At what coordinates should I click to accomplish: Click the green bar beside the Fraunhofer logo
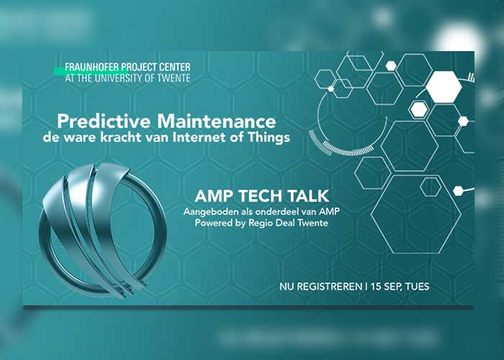tap(59, 71)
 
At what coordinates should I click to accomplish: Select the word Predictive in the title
tap(104, 122)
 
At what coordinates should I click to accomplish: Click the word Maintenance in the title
tap(216, 122)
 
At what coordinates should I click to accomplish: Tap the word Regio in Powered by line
tap(258, 223)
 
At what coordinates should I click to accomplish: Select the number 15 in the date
tap(375, 287)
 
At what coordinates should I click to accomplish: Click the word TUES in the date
tap(417, 287)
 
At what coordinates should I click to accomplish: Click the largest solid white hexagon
tap(444, 87)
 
